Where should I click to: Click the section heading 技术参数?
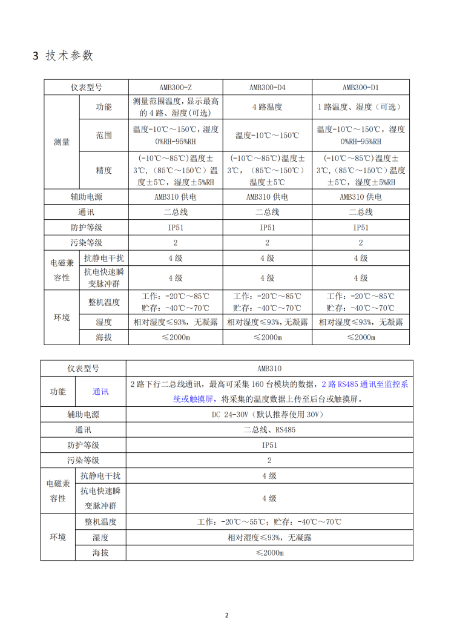tap(70, 56)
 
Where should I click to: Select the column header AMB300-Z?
tap(176, 87)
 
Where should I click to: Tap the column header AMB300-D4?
tap(267, 87)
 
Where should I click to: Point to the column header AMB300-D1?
tap(360, 87)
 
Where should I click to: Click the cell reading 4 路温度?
tap(267, 107)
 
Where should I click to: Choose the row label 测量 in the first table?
tap(62, 142)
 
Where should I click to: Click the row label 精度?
tap(104, 170)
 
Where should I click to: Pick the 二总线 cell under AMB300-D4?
tap(267, 213)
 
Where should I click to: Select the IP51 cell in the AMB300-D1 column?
tap(360, 228)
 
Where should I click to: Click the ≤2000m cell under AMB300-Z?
tap(176, 337)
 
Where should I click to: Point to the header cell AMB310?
tap(269, 368)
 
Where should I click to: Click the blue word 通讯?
tap(100, 392)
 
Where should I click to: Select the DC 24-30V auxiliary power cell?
tap(269, 415)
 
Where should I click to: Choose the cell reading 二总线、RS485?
tap(269, 430)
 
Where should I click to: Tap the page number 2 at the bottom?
tap(227, 616)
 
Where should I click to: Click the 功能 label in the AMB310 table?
tap(58, 392)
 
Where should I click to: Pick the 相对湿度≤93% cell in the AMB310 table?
tap(269, 537)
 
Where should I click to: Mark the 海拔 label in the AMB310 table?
tap(100, 553)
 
